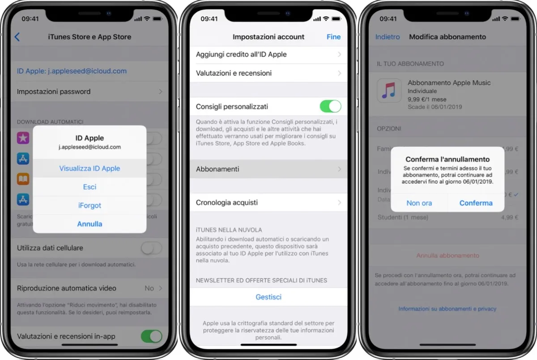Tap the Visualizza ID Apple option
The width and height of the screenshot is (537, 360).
click(x=89, y=168)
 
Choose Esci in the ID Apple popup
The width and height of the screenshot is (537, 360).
click(x=89, y=187)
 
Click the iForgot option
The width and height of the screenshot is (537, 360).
click(x=89, y=206)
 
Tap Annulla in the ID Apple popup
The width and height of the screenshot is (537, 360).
click(x=89, y=224)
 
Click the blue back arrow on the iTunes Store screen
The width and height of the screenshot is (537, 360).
click(x=17, y=37)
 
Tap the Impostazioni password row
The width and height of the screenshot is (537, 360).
click(x=89, y=91)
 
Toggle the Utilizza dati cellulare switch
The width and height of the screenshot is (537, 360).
click(x=151, y=248)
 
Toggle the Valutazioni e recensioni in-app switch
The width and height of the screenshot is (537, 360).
click(x=151, y=336)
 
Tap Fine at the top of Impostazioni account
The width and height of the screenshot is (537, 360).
click(x=333, y=37)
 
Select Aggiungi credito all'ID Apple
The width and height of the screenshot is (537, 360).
click(x=268, y=54)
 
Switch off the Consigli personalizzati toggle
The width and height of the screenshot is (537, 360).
click(x=330, y=107)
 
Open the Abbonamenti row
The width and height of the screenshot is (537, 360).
click(x=268, y=169)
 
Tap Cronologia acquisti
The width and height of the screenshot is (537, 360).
click(x=268, y=202)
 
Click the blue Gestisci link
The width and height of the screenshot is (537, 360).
click(x=268, y=297)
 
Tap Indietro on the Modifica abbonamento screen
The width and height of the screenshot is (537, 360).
click(x=388, y=37)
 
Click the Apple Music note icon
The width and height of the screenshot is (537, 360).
click(x=389, y=90)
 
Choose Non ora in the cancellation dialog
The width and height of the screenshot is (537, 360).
click(x=419, y=203)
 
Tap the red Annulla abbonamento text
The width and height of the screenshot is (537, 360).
click(x=447, y=255)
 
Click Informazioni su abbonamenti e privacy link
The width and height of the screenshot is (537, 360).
click(x=447, y=309)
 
